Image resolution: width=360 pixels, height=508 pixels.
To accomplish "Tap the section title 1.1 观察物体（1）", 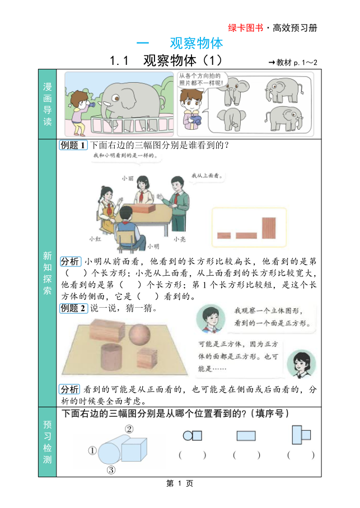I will (166, 60).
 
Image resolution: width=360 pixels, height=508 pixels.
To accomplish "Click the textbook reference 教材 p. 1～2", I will (293, 62).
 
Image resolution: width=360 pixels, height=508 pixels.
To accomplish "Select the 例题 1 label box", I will (73, 145).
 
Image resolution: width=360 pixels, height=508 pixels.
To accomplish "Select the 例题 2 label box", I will (73, 308).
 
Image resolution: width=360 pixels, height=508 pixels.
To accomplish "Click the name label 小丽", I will (127, 178).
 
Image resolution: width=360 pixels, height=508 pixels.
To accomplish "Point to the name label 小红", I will (95, 238).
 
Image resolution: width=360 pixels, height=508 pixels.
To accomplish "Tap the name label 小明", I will (153, 246).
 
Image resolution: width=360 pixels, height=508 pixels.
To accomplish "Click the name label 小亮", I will (179, 238).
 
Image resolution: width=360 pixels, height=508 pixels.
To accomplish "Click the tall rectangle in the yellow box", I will (269, 228).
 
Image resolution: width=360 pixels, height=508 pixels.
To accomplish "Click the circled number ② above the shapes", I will (129, 429).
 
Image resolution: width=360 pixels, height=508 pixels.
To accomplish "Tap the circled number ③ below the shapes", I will (111, 470).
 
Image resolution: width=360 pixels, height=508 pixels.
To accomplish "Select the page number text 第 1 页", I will (180, 484).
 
